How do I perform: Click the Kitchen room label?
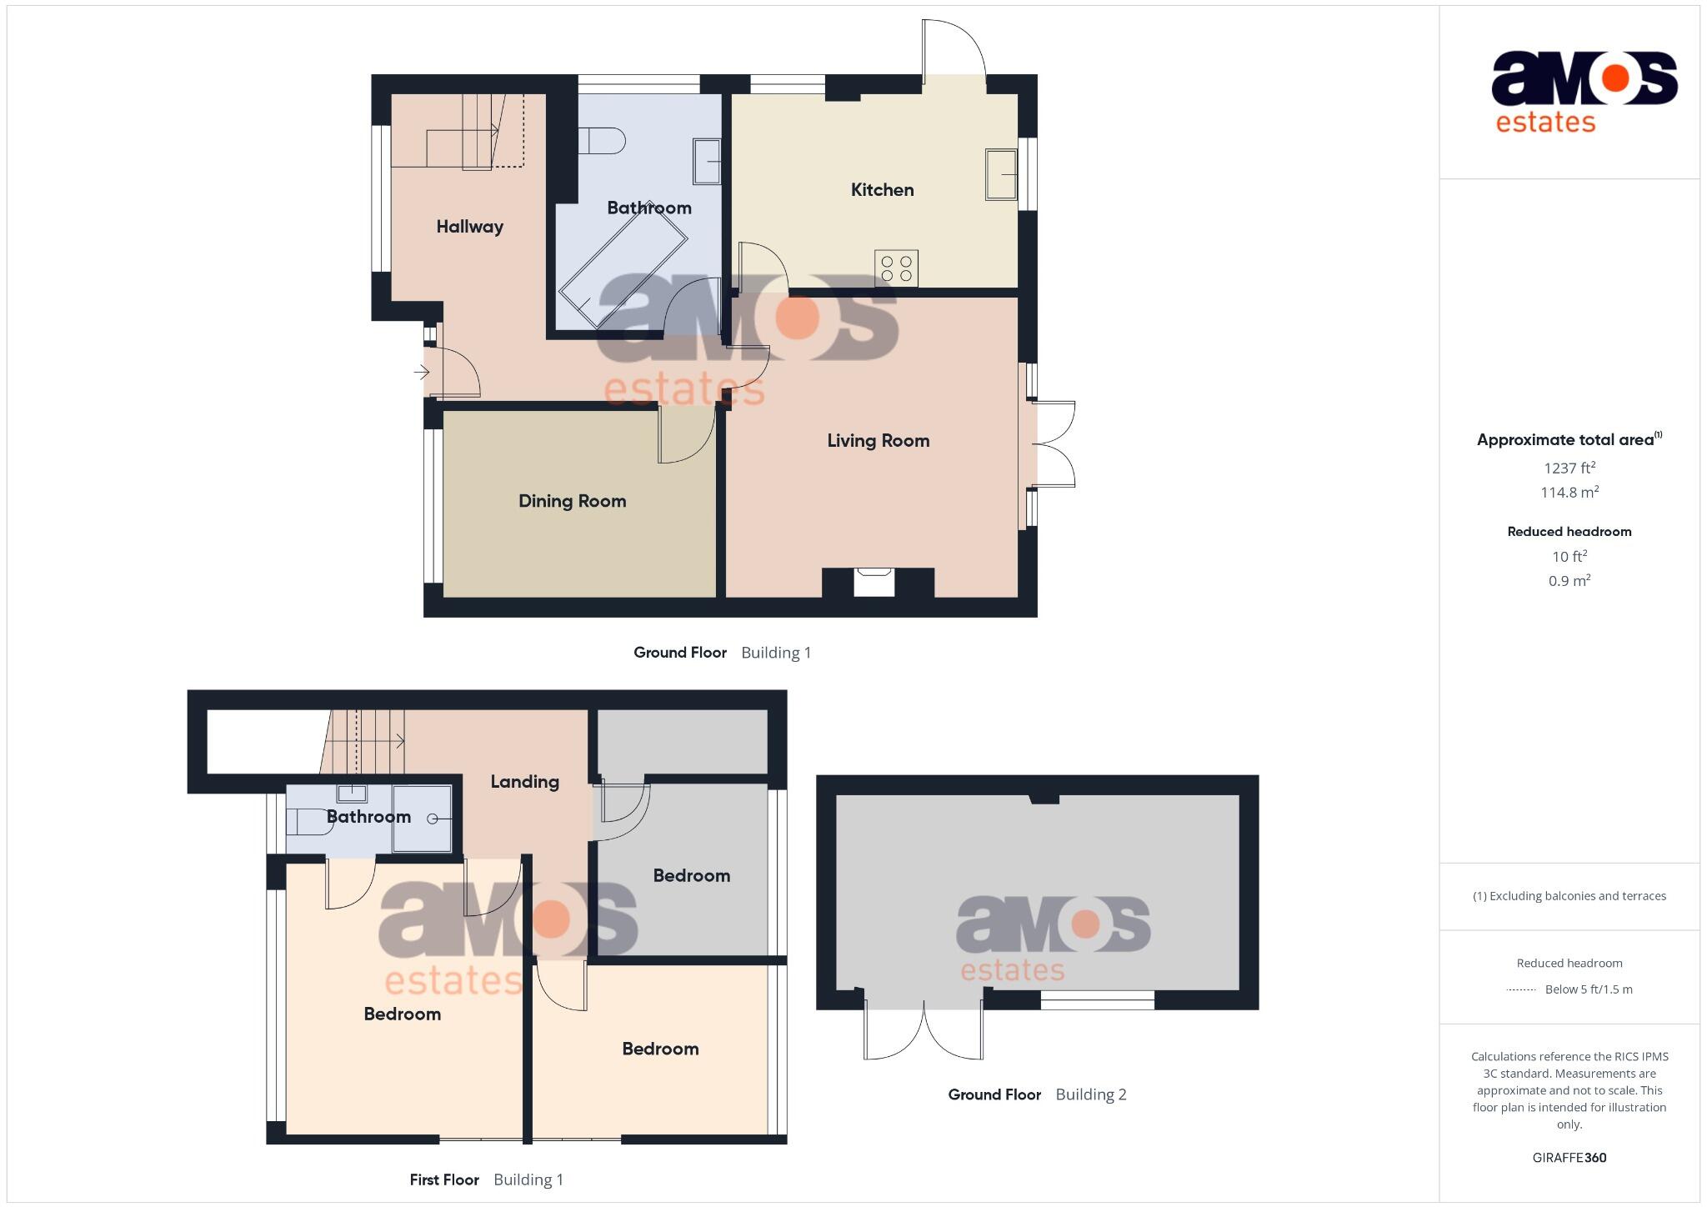click(x=882, y=190)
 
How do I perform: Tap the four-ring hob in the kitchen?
click(x=896, y=268)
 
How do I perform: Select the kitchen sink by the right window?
click(x=1001, y=174)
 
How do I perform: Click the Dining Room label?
click(x=572, y=501)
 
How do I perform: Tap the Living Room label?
click(x=878, y=441)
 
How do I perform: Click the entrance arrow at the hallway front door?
click(x=422, y=372)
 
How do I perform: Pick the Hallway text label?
click(x=469, y=227)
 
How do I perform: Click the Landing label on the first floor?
click(x=524, y=782)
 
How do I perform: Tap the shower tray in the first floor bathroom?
click(x=423, y=818)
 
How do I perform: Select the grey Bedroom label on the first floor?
click(x=691, y=876)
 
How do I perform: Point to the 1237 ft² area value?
click(x=1569, y=468)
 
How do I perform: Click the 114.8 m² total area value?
click(x=1569, y=493)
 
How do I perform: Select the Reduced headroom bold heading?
click(x=1569, y=532)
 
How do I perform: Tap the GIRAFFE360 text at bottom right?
click(x=1569, y=1158)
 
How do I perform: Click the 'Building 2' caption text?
click(x=1090, y=1094)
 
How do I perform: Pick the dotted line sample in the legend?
click(x=1521, y=990)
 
